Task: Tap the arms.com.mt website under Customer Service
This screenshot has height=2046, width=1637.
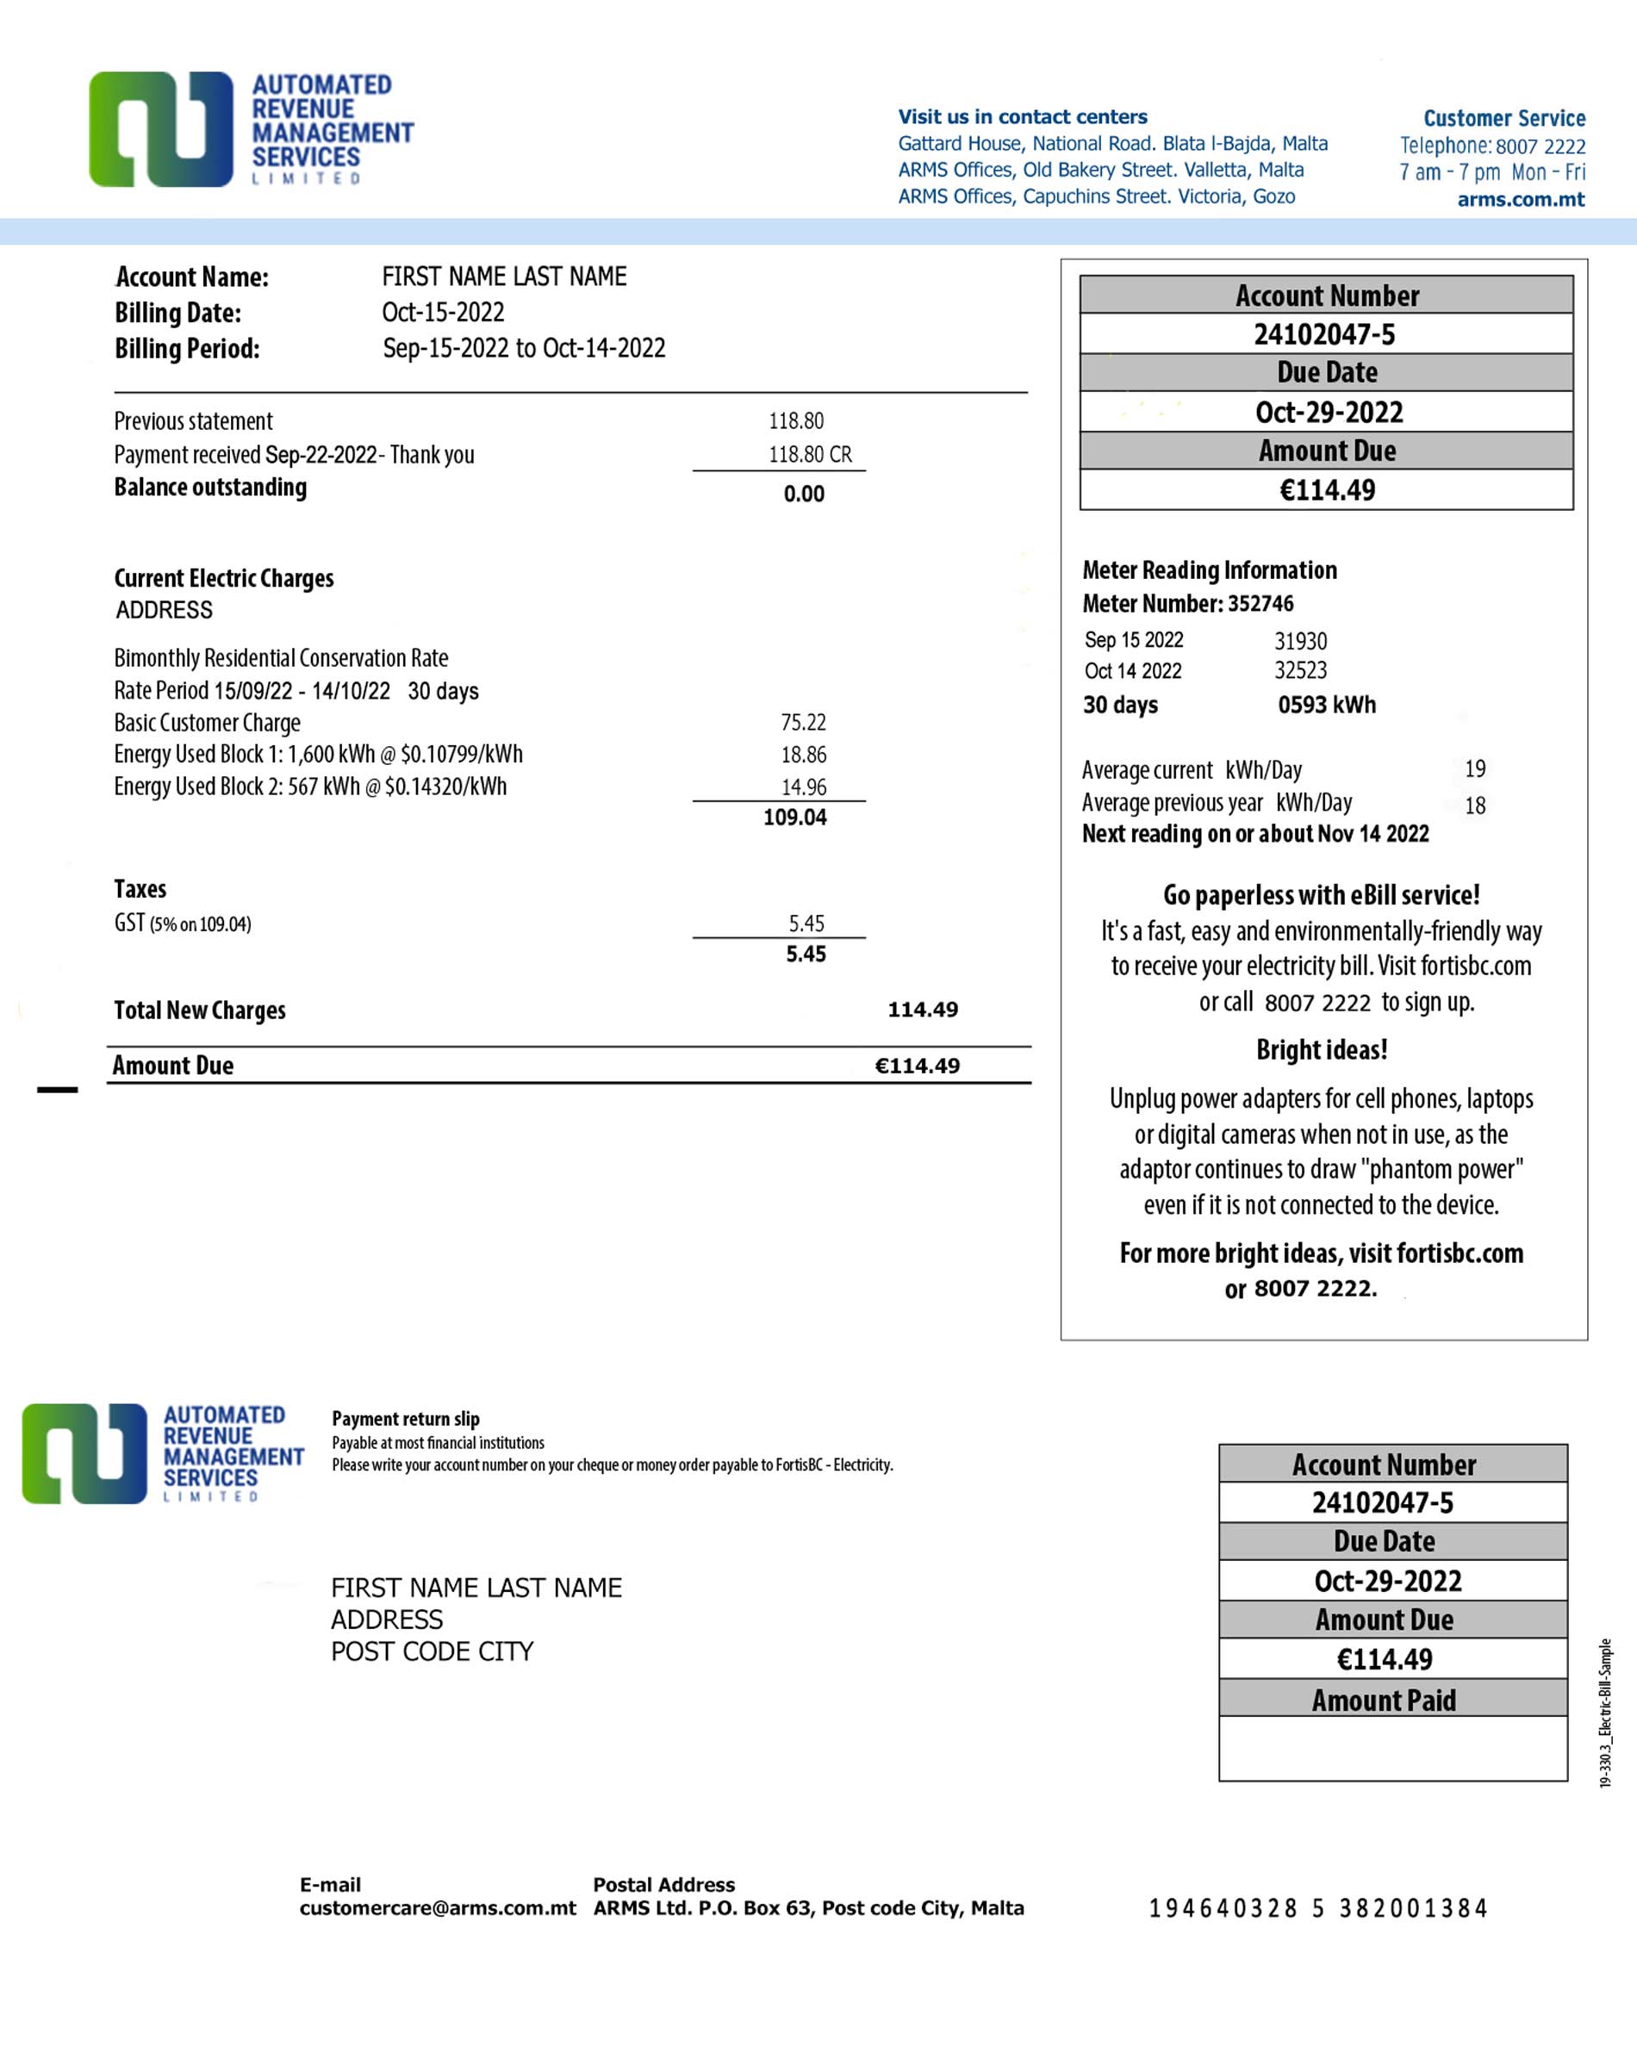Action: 1521,199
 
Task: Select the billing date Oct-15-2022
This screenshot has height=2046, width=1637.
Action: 442,312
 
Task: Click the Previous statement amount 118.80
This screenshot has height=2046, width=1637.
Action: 795,420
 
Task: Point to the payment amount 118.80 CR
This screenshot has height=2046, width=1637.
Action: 810,455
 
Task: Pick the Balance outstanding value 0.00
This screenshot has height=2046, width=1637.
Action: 803,494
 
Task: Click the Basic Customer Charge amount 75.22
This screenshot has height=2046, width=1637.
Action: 803,722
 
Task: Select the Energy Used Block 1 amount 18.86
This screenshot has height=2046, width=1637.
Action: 803,755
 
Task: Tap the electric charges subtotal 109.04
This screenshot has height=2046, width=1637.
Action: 794,817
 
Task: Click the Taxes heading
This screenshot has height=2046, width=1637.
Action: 140,889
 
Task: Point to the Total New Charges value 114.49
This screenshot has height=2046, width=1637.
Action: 923,1010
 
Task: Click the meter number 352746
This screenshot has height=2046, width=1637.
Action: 1260,604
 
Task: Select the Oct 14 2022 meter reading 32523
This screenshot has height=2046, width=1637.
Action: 1300,671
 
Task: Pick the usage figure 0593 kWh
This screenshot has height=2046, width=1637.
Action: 1326,705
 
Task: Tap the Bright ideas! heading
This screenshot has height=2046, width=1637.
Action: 1321,1049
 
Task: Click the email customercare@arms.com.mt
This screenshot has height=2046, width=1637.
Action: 438,1908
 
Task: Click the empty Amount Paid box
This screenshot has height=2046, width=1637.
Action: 1392,1748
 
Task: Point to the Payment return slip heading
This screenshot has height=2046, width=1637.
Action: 405,1419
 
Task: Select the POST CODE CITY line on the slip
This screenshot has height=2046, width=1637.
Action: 432,1651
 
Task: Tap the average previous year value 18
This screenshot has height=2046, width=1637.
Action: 1474,805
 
